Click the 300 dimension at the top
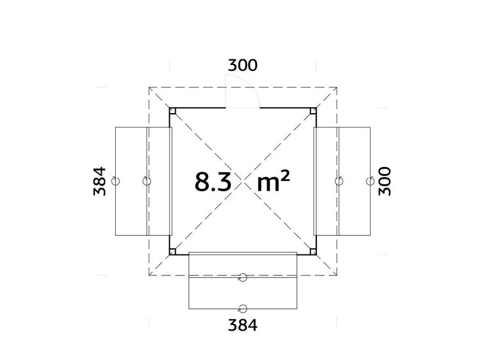[x=242, y=65]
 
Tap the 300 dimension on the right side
[x=386, y=180]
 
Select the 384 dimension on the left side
[x=100, y=181]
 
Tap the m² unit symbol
[x=273, y=181]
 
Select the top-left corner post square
[x=172, y=110]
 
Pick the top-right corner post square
[x=313, y=110]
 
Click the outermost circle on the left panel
[x=115, y=180]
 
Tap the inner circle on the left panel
[x=146, y=180]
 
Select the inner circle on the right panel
[x=339, y=180]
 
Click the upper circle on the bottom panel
[x=242, y=278]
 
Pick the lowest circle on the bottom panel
[x=242, y=308]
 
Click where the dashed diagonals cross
[x=243, y=181]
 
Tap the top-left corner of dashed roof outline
[x=148, y=86]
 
